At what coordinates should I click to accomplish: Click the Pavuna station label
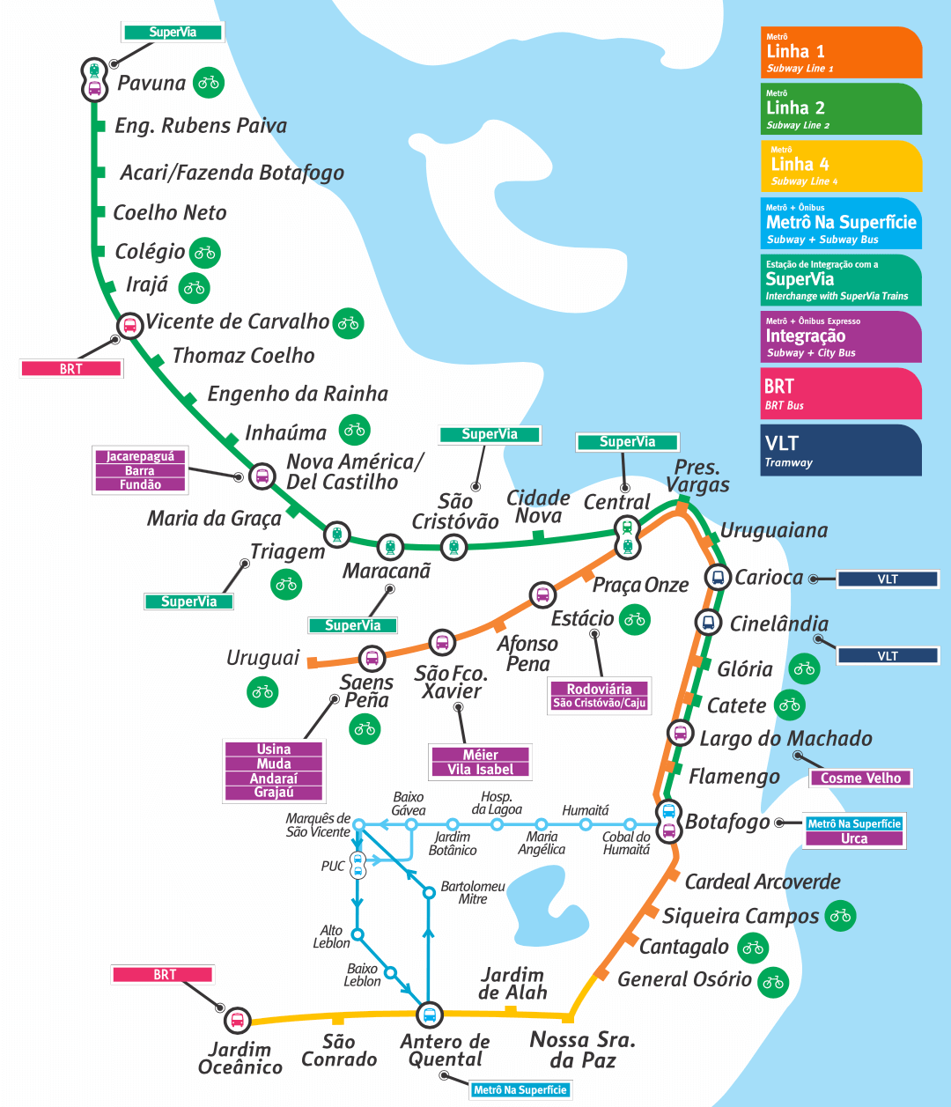click(x=151, y=84)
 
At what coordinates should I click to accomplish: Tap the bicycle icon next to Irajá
click(x=195, y=287)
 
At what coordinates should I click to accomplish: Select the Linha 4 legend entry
click(x=840, y=166)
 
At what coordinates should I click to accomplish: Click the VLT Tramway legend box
click(x=840, y=450)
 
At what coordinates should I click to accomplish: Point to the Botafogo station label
click(x=727, y=822)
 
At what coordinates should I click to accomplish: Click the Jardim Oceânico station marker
click(x=236, y=1021)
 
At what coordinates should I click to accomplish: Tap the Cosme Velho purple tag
click(x=860, y=778)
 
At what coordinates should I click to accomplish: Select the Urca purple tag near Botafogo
click(x=854, y=838)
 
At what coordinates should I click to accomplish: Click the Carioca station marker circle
click(x=719, y=578)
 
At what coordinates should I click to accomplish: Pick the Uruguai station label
click(x=262, y=658)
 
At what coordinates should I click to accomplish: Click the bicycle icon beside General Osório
click(x=774, y=981)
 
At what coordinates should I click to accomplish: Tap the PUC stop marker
click(x=358, y=866)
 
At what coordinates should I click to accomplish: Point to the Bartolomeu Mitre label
click(x=473, y=892)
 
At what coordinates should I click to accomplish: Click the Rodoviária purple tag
click(x=599, y=689)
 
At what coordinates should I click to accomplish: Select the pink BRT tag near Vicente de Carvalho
click(x=71, y=369)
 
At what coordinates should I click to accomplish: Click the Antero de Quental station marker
click(x=429, y=1015)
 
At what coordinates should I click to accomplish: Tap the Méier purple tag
click(x=480, y=755)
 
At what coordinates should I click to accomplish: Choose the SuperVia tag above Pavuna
click(x=173, y=33)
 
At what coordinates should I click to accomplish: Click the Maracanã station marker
click(x=389, y=547)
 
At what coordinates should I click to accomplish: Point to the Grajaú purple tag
click(x=274, y=793)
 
